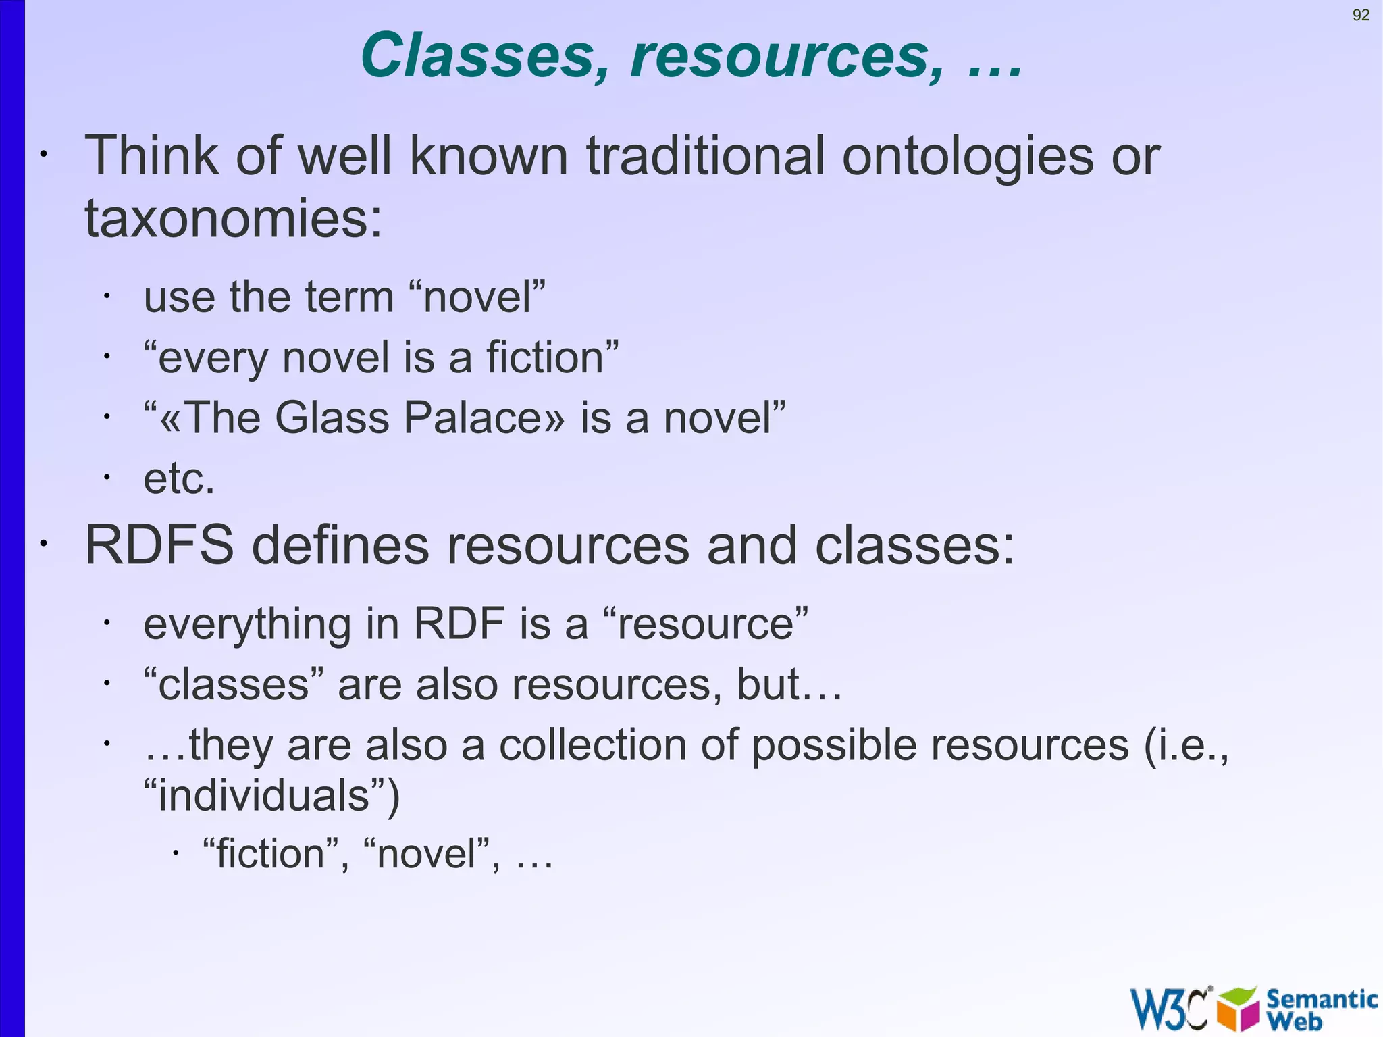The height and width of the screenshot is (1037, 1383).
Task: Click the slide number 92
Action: pyautogui.click(x=1361, y=15)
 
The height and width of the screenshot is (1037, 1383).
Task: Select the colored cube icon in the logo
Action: pyautogui.click(x=1238, y=1009)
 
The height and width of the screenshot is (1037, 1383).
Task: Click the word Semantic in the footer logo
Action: pyautogui.click(x=1321, y=998)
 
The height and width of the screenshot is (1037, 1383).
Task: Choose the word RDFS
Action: pyautogui.click(x=159, y=545)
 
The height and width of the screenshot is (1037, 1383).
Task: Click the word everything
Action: pyautogui.click(x=247, y=624)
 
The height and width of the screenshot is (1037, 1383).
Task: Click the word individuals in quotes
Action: pyautogui.click(x=264, y=795)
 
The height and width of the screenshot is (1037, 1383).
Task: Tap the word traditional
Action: pyautogui.click(x=705, y=156)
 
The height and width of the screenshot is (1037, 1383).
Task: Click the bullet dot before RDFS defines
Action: pyautogui.click(x=43, y=544)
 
